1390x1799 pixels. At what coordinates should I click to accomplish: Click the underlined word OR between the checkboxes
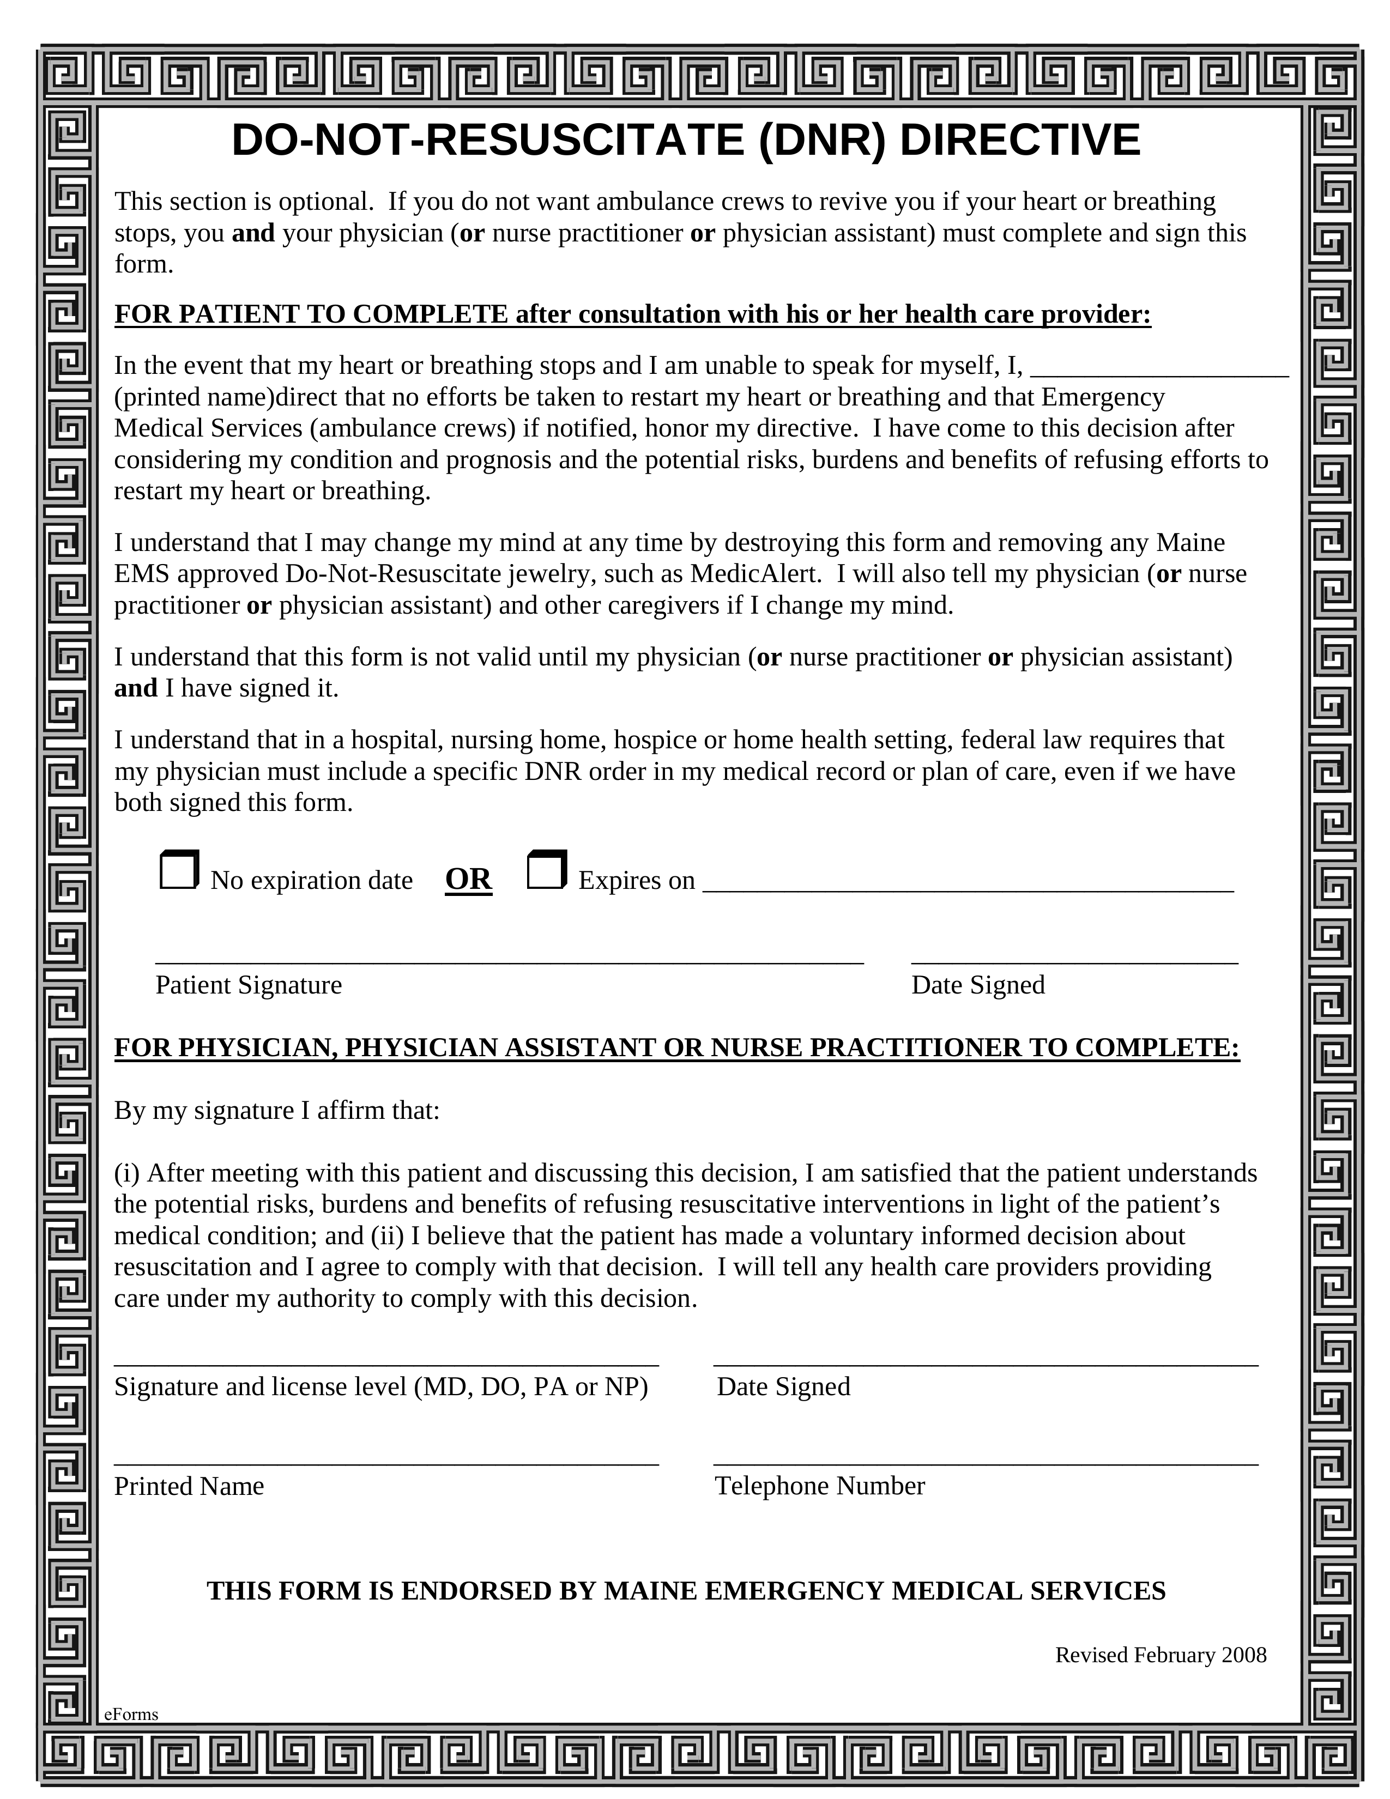tap(468, 879)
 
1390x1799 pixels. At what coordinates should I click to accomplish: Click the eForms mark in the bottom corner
tap(131, 1714)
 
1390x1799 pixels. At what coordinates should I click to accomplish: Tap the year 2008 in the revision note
tap(1243, 1655)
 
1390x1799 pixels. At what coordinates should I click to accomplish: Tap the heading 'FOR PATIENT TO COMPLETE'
tap(311, 314)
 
